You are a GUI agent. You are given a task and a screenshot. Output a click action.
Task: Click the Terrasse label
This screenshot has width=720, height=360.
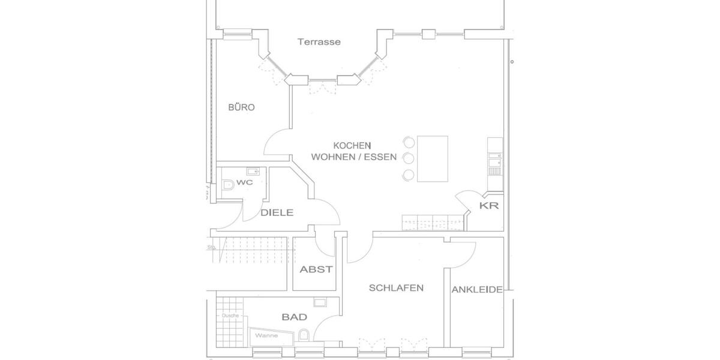tap(319, 42)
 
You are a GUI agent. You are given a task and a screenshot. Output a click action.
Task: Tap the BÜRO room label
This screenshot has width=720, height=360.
tap(241, 108)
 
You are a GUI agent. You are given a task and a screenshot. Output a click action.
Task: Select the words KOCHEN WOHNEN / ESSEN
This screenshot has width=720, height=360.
tap(352, 152)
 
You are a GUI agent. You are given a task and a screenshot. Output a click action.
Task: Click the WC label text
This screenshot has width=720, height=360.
tap(244, 182)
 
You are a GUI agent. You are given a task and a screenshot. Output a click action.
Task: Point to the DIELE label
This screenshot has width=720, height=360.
tap(277, 212)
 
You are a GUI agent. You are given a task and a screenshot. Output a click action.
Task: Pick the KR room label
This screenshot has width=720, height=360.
tap(489, 206)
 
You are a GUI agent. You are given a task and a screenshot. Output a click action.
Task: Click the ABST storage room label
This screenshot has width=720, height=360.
tap(316, 269)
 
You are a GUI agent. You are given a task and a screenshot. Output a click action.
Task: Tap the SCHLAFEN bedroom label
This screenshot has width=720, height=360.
tap(396, 288)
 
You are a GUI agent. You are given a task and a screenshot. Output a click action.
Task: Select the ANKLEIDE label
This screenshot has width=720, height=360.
tap(477, 290)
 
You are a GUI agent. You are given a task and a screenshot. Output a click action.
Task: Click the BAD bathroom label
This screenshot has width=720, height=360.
tap(294, 317)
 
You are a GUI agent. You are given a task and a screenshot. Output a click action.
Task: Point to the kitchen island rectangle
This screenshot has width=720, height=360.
tap(433, 158)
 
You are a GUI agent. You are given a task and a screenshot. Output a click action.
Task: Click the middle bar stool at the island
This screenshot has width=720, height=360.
tap(409, 158)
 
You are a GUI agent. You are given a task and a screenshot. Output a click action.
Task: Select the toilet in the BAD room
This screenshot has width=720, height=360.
tap(304, 335)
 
